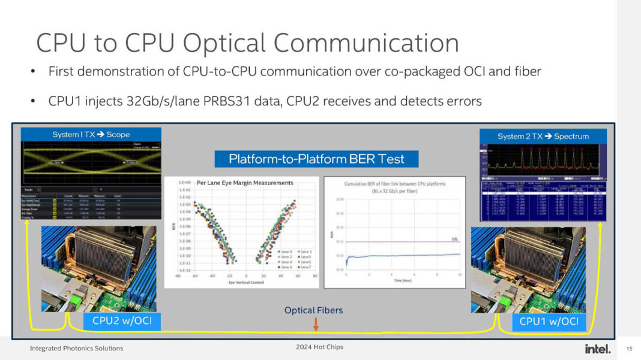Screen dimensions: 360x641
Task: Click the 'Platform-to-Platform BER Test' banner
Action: (x=316, y=159)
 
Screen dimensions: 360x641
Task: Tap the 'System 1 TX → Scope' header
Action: (x=91, y=135)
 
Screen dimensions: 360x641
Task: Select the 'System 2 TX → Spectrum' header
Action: (x=543, y=137)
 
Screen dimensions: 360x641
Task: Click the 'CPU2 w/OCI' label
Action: (x=122, y=321)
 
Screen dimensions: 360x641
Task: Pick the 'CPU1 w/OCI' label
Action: (x=549, y=322)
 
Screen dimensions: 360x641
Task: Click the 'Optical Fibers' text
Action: (x=313, y=310)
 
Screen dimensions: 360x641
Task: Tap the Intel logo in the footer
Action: (x=597, y=349)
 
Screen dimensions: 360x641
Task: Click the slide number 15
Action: (x=629, y=349)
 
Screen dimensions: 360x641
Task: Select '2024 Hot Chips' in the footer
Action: (x=319, y=347)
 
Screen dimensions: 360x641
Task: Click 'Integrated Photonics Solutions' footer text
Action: (x=77, y=348)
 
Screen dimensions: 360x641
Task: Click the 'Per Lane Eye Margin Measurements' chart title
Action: (x=245, y=182)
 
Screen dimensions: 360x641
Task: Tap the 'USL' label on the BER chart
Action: (x=455, y=239)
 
